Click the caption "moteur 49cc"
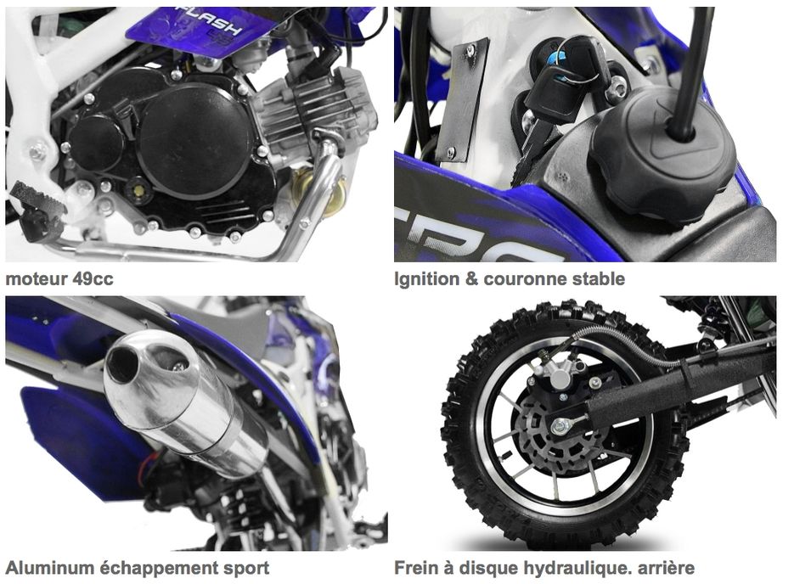(x=59, y=279)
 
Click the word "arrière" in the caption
(x=666, y=568)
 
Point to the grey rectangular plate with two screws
(x=462, y=99)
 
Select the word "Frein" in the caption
(x=415, y=568)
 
